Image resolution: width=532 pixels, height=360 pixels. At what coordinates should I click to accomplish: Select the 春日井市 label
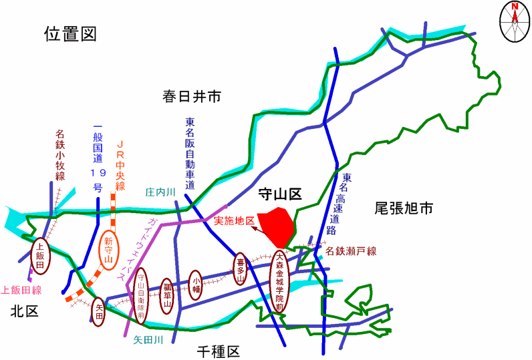[191, 97]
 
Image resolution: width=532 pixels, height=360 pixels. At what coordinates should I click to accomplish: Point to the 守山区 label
[279, 194]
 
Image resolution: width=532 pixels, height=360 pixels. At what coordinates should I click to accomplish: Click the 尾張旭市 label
[404, 208]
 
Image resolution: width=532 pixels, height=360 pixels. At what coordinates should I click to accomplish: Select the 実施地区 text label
[234, 221]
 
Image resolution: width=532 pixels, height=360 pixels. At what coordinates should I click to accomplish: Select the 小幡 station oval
[196, 286]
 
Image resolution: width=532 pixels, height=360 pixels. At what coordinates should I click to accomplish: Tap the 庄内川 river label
[160, 192]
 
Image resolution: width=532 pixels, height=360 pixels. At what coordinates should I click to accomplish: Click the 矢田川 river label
[148, 340]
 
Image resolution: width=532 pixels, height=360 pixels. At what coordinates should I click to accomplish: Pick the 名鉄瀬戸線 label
[351, 251]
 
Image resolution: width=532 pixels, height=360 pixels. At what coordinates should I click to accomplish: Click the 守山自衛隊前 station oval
[141, 296]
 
